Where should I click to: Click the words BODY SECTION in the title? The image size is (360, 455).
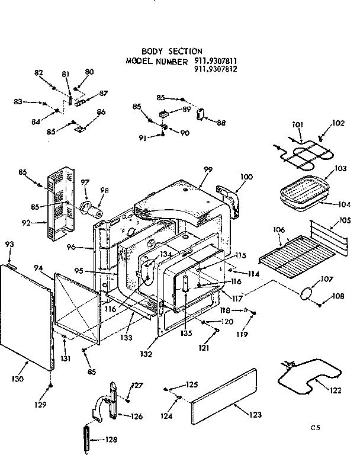pos(172,52)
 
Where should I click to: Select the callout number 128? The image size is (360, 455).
pos(111,440)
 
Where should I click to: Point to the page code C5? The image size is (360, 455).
pos(319,427)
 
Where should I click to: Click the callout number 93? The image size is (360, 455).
pos(9,244)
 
